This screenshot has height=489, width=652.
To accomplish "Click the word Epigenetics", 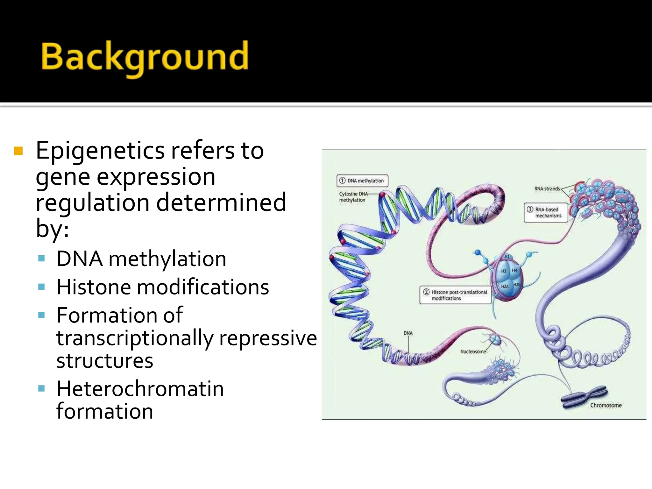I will coord(100,150).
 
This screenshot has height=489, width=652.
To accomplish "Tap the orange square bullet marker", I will coord(18,151).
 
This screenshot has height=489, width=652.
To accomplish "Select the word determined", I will coord(221,202).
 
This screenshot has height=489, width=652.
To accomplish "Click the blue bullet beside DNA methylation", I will coord(41,258).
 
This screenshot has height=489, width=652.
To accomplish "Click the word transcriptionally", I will coord(135,338).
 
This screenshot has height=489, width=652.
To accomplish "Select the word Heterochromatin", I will coord(140,389).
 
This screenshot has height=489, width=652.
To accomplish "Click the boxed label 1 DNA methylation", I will coord(362,181).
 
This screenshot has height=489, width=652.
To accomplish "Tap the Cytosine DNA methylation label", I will coord(353,197).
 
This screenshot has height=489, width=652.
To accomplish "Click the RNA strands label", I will coord(547,189).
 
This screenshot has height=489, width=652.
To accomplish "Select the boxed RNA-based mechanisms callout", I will coord(546,213).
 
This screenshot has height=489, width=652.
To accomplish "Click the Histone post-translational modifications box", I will coord(456,295).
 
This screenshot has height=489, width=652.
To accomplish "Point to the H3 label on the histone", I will coord(504,271).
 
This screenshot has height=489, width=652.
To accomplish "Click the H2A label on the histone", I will coord(505,287).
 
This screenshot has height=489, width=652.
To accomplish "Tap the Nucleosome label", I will coord(473,351).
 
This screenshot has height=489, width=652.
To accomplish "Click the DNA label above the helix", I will coord(408,333).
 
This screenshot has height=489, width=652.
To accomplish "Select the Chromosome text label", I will coord(606,405).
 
